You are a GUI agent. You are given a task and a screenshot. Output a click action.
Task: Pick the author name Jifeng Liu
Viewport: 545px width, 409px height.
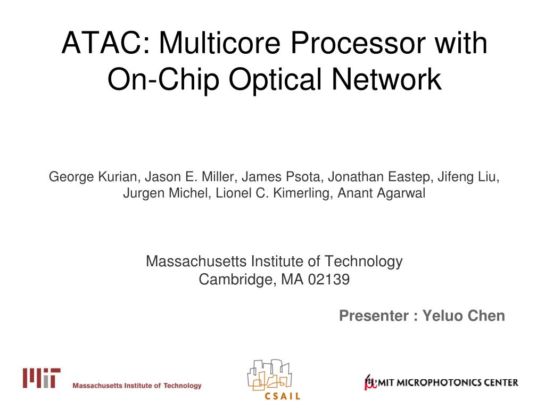pos(469,176)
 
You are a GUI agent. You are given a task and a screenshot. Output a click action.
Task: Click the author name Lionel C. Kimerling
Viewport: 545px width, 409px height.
pos(275,193)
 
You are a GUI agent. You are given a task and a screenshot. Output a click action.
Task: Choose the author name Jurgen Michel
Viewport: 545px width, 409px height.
pos(167,193)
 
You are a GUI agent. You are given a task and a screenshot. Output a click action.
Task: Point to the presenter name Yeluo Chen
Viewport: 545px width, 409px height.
pos(464,316)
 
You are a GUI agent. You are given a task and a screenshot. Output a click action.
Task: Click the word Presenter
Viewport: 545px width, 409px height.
pos(373,316)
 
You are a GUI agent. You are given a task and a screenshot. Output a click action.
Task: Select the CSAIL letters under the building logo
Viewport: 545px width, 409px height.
pos(282,396)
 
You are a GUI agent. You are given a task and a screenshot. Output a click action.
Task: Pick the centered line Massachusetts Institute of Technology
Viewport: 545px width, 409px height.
pos(274,261)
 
